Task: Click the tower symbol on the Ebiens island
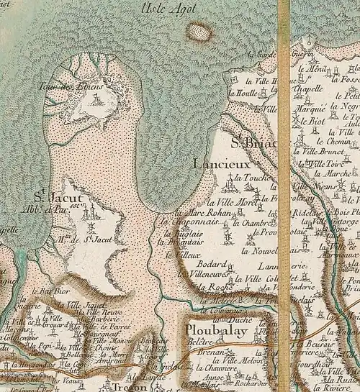[95, 101]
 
